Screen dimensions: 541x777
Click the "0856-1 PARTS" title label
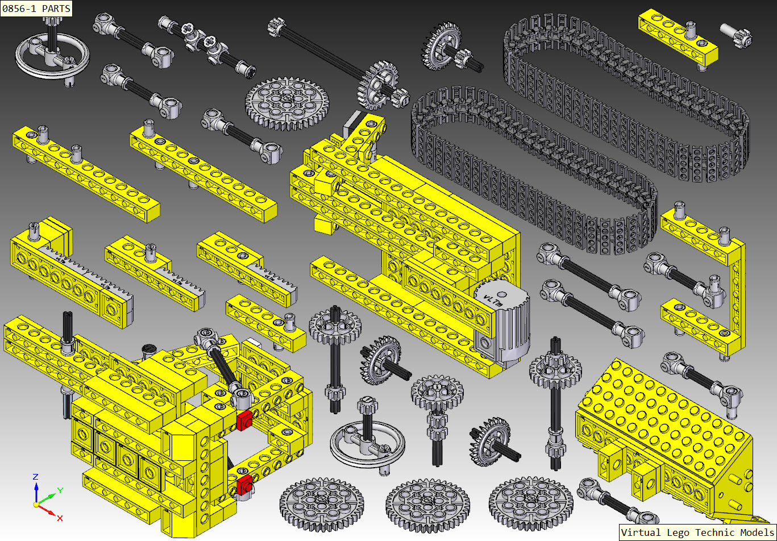coord(36,9)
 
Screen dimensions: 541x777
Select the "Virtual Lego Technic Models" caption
coord(697,532)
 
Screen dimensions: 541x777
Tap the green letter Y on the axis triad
coord(60,489)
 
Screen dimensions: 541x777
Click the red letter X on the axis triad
coord(60,518)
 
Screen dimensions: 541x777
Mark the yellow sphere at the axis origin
coord(36,504)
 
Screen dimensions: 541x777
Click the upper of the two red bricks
coord(244,421)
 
